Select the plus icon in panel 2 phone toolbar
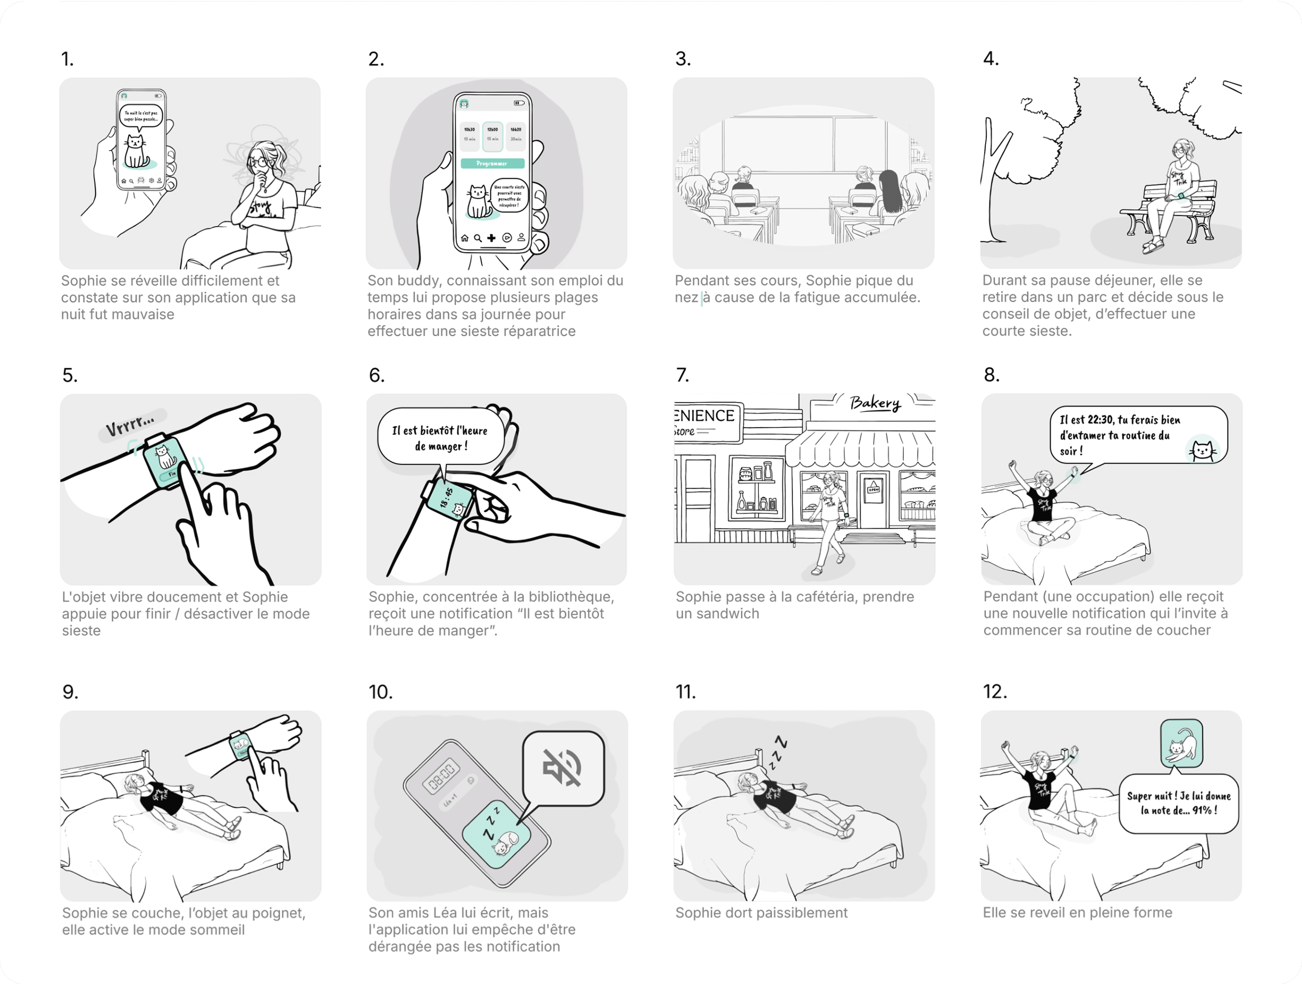tap(492, 238)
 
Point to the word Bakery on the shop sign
tap(875, 403)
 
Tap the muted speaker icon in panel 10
tap(562, 767)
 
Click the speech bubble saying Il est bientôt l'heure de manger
tap(440, 438)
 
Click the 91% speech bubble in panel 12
tap(1178, 803)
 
